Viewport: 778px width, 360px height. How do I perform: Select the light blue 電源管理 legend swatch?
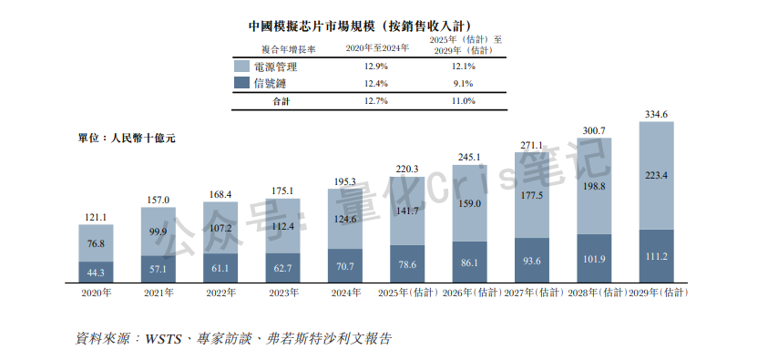pyautogui.click(x=241, y=67)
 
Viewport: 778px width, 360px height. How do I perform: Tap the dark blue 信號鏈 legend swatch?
pyautogui.click(x=241, y=84)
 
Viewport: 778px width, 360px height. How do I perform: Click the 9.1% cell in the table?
pyautogui.click(x=462, y=84)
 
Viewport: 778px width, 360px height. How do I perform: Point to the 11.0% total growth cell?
pyautogui.click(x=462, y=101)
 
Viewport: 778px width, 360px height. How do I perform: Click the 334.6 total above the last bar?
pyautogui.click(x=657, y=114)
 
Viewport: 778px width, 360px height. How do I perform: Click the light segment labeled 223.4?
pyautogui.click(x=657, y=175)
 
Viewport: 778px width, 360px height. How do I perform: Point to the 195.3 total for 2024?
pyautogui.click(x=345, y=181)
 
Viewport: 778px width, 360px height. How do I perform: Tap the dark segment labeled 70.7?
pyautogui.click(x=345, y=266)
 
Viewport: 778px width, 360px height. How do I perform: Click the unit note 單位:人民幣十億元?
pyautogui.click(x=126, y=139)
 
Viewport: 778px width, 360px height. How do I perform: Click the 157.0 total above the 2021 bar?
pyautogui.click(x=158, y=200)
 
